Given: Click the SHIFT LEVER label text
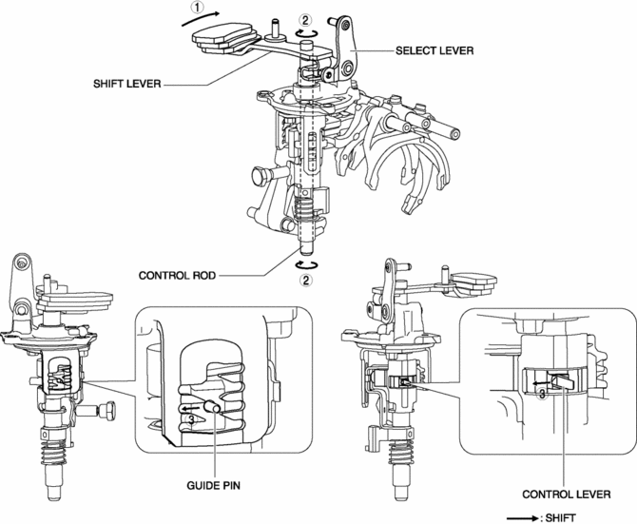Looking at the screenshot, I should pos(127,83).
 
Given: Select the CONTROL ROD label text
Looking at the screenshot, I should pos(177,276).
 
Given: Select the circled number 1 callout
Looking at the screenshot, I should pos(197,9).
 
